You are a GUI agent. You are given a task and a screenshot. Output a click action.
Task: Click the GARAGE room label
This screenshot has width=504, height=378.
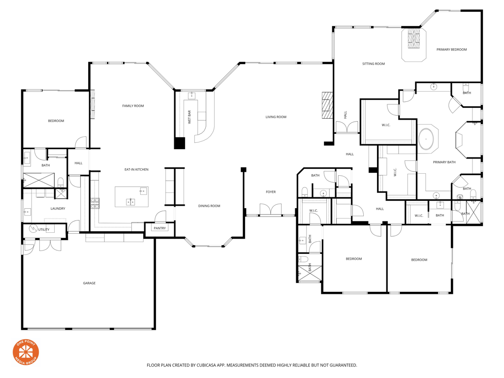(x=89, y=283)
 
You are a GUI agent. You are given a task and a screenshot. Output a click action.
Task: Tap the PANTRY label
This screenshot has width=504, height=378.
(x=159, y=228)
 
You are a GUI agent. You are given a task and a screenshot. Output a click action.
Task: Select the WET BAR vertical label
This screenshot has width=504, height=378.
(x=189, y=117)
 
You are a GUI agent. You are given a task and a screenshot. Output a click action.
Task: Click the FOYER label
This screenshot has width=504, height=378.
(x=271, y=192)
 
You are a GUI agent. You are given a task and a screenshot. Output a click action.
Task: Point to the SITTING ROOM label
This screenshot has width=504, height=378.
(x=373, y=64)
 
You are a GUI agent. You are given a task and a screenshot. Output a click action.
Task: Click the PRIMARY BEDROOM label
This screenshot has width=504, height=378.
(x=451, y=50)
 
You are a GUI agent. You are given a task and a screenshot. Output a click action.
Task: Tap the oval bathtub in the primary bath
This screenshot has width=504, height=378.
(x=427, y=139)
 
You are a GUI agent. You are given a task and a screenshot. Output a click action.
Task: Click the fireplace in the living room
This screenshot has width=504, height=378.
(x=327, y=105)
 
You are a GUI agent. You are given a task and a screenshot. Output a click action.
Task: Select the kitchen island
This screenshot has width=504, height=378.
(x=131, y=197)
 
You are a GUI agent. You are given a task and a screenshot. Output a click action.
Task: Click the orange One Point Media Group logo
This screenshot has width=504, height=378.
(x=26, y=352)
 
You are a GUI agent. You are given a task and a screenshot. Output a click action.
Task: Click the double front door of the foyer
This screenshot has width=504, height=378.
(x=271, y=210)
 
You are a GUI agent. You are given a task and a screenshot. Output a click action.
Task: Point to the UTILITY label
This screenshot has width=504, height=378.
(x=44, y=230)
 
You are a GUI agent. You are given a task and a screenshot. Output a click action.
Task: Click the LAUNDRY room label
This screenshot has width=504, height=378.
(x=58, y=209)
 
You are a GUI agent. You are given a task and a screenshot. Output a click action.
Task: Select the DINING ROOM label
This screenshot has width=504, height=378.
(x=209, y=206)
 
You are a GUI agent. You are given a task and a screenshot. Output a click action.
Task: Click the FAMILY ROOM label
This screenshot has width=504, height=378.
(x=133, y=106)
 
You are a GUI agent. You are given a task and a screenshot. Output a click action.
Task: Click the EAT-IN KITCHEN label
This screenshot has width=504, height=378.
(x=136, y=170)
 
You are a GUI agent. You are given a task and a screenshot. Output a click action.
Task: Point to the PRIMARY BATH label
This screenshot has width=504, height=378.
(x=444, y=162)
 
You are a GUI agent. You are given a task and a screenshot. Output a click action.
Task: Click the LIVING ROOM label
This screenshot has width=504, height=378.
(x=276, y=117)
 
